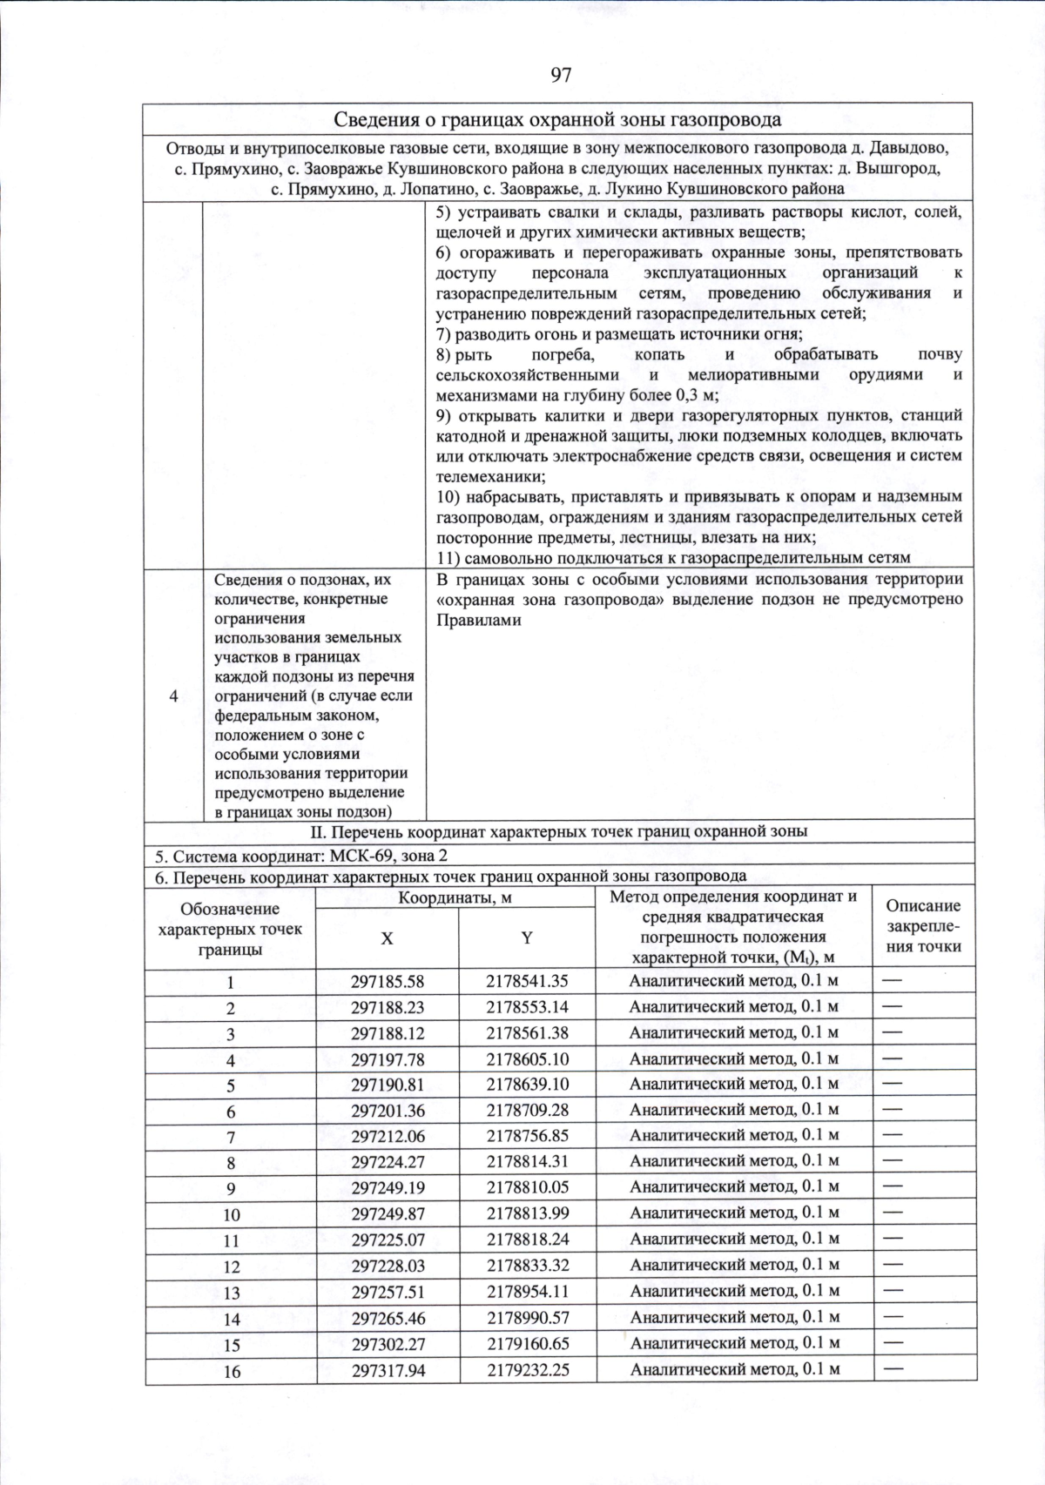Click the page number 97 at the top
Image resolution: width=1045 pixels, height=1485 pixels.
click(x=561, y=75)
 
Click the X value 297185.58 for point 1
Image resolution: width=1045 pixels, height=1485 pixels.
click(x=388, y=981)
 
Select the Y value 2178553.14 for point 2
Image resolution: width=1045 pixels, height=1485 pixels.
click(x=527, y=1007)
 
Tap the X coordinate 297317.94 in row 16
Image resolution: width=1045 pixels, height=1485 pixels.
click(x=388, y=1369)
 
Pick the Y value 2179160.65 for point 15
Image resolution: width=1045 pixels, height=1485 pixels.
click(x=527, y=1343)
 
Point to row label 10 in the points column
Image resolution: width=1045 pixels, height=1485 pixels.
click(x=231, y=1214)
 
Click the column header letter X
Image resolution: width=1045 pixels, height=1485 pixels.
click(x=387, y=938)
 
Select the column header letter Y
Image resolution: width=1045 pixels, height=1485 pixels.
click(x=527, y=938)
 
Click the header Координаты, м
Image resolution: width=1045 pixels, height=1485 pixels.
click(x=455, y=897)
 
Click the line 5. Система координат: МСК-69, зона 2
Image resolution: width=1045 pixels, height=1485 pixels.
click(x=301, y=855)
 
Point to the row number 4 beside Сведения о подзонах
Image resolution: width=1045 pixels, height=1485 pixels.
click(x=174, y=695)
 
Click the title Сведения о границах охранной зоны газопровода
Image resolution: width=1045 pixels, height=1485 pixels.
click(x=557, y=119)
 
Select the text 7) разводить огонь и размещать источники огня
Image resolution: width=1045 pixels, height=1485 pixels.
click(x=618, y=333)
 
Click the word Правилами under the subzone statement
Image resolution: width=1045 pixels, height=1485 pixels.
click(x=478, y=620)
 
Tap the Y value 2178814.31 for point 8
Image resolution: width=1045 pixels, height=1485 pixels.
click(x=527, y=1161)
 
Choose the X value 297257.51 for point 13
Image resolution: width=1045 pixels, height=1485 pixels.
click(x=388, y=1292)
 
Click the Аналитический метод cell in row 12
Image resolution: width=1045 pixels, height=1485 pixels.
click(x=733, y=1265)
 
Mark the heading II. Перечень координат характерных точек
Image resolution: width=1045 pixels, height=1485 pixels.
click(x=558, y=830)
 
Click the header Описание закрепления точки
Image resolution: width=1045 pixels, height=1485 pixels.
click(x=923, y=925)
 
